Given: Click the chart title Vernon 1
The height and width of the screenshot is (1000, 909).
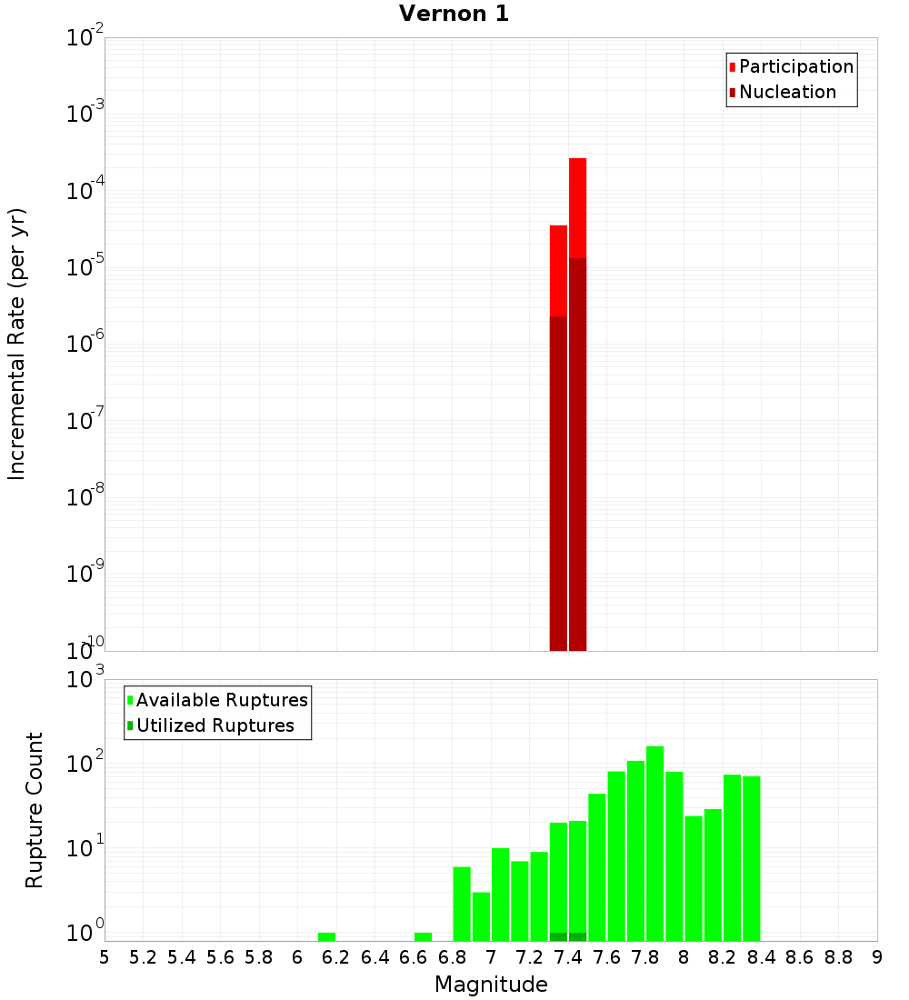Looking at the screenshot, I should click(454, 14).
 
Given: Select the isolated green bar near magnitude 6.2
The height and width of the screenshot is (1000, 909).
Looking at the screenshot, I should click(326, 936).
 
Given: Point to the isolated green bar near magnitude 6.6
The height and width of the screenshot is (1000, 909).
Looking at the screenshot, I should click(423, 936).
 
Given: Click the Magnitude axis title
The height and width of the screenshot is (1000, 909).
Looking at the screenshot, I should click(491, 985).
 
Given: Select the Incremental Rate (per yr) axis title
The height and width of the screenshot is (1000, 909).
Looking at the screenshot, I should click(17, 345).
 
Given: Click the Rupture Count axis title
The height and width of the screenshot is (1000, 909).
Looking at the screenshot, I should click(35, 810).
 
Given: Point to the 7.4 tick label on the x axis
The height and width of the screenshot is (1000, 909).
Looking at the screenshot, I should click(568, 957).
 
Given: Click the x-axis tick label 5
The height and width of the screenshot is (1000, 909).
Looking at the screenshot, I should click(105, 957).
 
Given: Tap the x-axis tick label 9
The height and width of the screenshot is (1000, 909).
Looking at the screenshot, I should click(877, 957).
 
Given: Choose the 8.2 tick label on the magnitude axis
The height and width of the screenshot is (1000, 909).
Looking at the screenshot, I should click(723, 957).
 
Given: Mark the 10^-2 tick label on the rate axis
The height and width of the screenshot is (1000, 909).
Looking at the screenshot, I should click(85, 39).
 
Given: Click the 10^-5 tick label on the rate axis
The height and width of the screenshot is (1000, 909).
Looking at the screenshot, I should click(85, 269).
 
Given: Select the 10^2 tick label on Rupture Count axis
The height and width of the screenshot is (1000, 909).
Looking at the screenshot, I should click(85, 765).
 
